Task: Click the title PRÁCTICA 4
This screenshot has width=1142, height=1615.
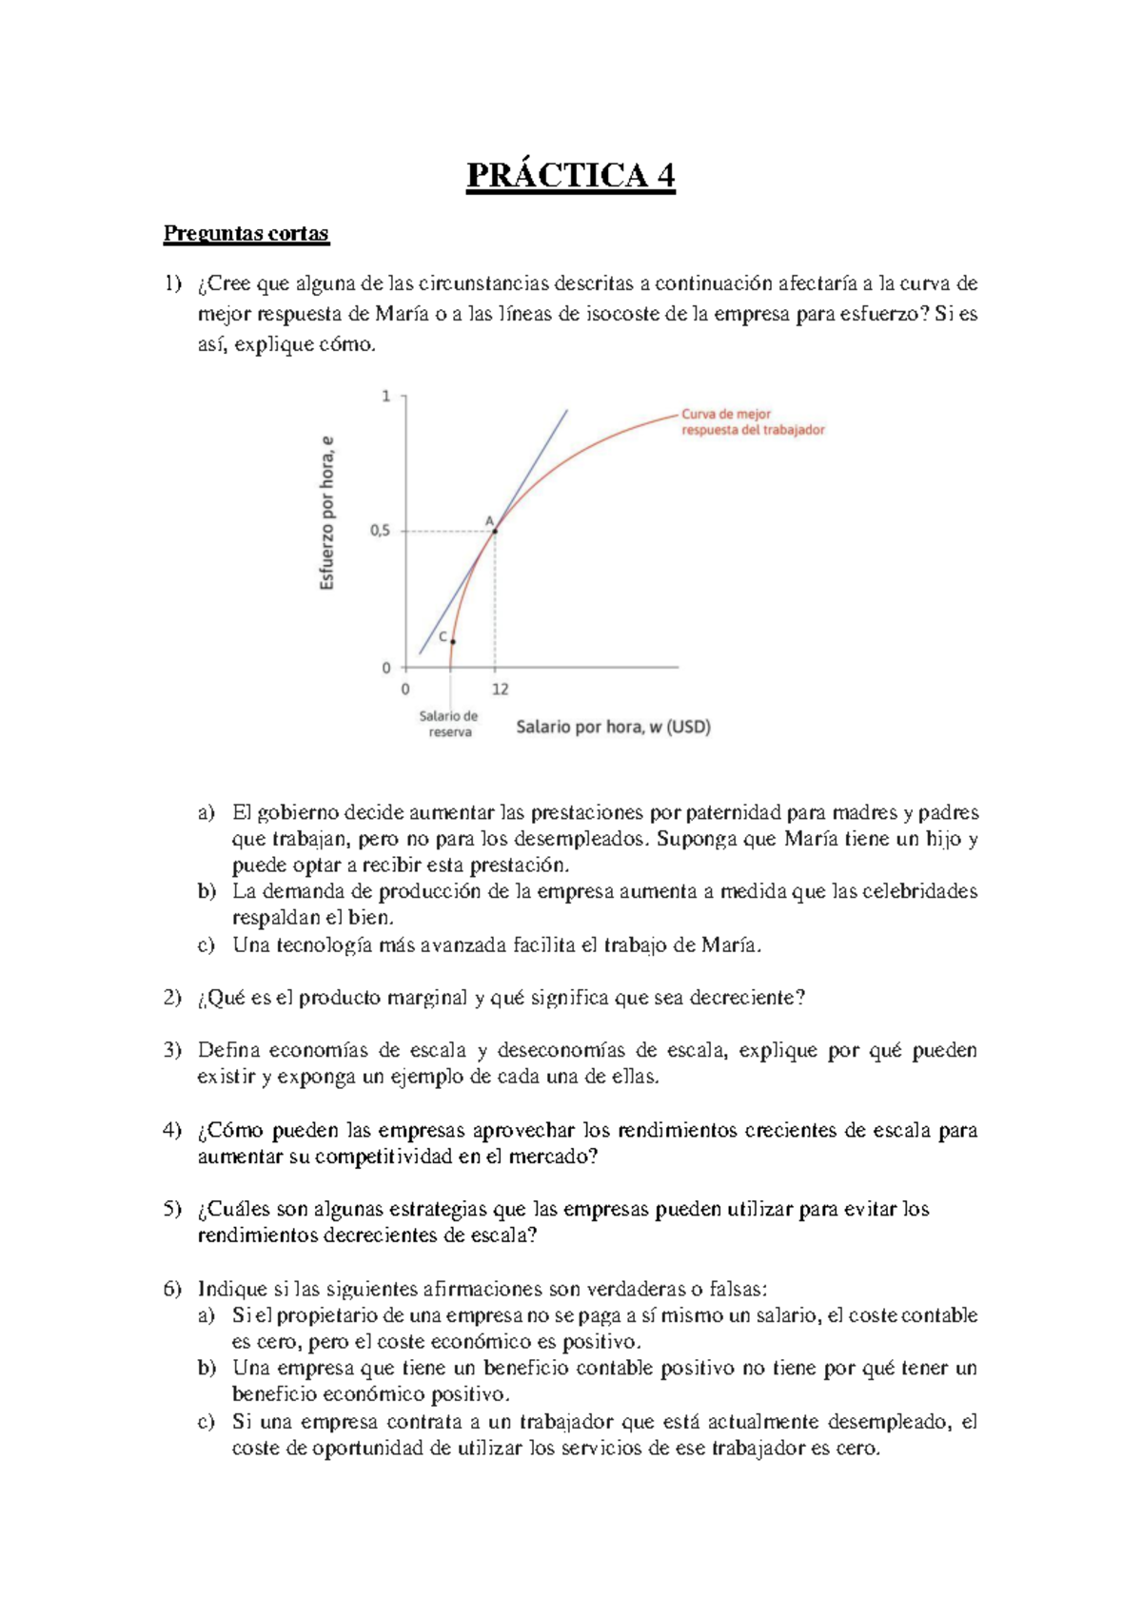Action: click(x=570, y=176)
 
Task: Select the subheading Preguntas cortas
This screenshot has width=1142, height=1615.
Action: click(x=246, y=234)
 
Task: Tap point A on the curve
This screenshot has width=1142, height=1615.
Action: click(x=495, y=531)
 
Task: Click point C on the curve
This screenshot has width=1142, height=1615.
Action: click(x=452, y=642)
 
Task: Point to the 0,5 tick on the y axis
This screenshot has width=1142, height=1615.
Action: click(x=380, y=532)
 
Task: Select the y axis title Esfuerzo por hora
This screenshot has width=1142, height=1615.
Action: click(x=326, y=514)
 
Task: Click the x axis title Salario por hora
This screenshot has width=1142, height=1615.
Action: click(x=613, y=728)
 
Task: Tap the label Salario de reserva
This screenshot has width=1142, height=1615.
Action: click(x=449, y=724)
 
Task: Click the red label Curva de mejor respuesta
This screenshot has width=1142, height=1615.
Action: click(x=752, y=422)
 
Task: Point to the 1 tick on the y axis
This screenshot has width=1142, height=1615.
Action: click(x=386, y=396)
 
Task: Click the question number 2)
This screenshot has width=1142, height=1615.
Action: click(x=172, y=998)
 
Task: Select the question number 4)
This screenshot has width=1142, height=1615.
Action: click(x=172, y=1130)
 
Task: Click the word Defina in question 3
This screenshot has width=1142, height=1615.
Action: click(x=228, y=1051)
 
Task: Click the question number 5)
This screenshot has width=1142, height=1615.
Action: click(x=172, y=1210)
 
